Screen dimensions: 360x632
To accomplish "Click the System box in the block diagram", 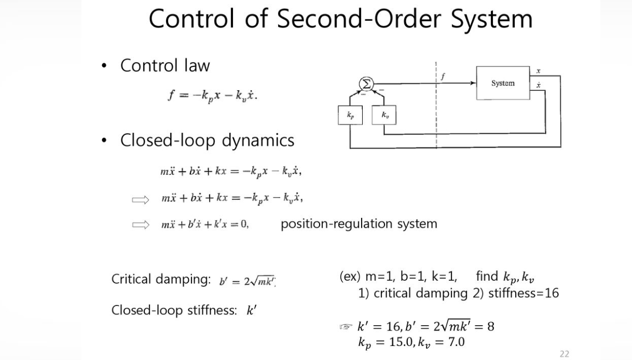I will coord(502,83).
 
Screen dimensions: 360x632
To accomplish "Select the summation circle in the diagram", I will coord(367,83).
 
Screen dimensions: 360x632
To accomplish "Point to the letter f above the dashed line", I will coord(443,76).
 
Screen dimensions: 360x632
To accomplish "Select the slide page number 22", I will coord(564,354).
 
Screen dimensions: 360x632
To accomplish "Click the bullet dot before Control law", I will coord(104,66).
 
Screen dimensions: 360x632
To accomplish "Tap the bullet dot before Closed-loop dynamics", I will coord(104,141).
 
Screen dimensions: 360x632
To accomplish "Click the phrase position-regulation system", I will coord(359,224).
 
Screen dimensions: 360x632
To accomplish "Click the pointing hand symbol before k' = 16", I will coord(345,327).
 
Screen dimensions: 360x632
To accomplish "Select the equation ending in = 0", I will coord(205,225).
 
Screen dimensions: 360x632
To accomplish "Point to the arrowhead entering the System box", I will coord(473,83).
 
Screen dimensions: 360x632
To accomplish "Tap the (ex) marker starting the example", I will coord(349,276).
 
